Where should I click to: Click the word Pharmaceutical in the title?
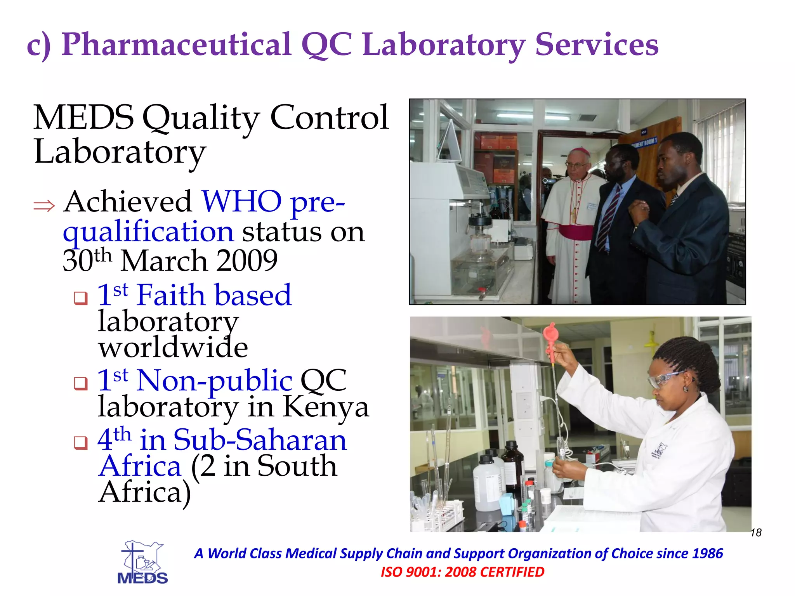[176, 45]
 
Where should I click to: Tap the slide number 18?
[756, 533]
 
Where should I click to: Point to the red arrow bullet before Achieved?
[44, 206]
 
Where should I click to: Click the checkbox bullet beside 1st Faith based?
[81, 298]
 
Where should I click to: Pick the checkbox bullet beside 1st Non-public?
[81, 383]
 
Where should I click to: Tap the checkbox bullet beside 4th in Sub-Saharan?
[81, 442]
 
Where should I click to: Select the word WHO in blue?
[241, 202]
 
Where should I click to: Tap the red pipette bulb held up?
[550, 334]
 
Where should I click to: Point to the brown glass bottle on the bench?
[513, 466]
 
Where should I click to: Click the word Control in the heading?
[329, 117]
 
